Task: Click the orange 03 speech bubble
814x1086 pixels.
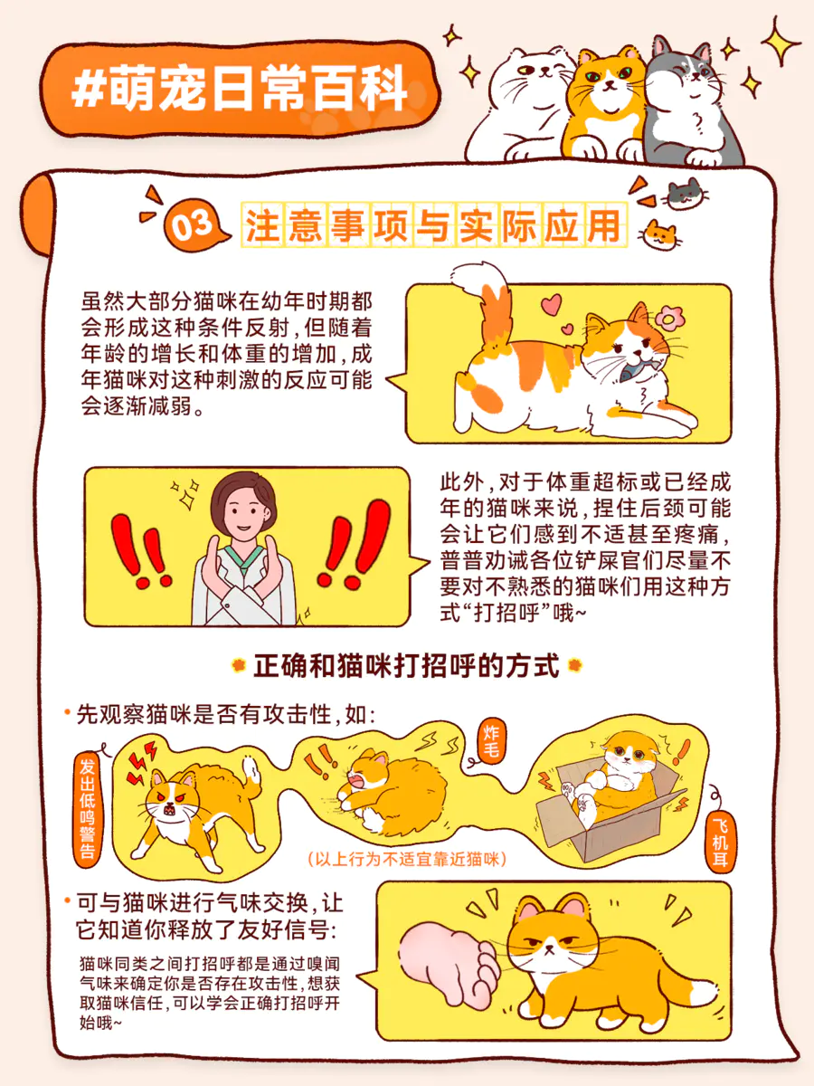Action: pos(194,226)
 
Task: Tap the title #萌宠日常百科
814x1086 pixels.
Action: pos(240,89)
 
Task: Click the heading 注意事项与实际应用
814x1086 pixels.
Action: pos(434,225)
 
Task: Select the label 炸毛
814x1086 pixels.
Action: pos(491,741)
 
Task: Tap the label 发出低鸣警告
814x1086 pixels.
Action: pos(88,807)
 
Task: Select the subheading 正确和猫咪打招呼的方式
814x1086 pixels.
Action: pos(406,666)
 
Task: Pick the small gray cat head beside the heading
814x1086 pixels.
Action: pos(685,193)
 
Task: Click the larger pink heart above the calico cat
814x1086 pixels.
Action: pos(551,304)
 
